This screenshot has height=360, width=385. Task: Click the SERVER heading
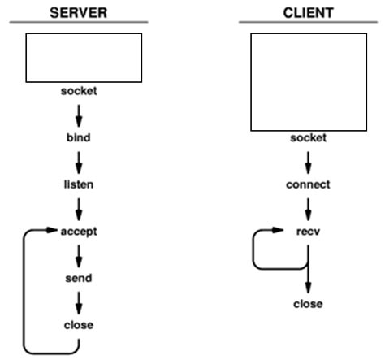pyautogui.click(x=78, y=13)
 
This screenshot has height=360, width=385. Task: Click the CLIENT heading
pyautogui.click(x=308, y=13)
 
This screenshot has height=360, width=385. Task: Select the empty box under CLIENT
pyautogui.click(x=309, y=81)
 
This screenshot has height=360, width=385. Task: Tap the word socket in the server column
pyautogui.click(x=79, y=90)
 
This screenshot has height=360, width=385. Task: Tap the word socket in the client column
pyautogui.click(x=309, y=138)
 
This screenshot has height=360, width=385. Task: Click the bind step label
pyautogui.click(x=79, y=137)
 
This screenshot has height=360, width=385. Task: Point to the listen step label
pyautogui.click(x=79, y=184)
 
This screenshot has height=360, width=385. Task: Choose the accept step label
pyautogui.click(x=79, y=232)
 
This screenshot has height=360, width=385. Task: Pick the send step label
pyautogui.click(x=79, y=278)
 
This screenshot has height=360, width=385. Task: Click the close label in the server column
pyautogui.click(x=79, y=325)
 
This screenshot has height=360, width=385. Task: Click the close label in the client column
pyautogui.click(x=309, y=304)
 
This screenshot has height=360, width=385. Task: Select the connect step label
pyautogui.click(x=309, y=184)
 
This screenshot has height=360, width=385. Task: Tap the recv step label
pyautogui.click(x=309, y=232)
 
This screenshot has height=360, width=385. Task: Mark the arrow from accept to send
pyautogui.click(x=79, y=255)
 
